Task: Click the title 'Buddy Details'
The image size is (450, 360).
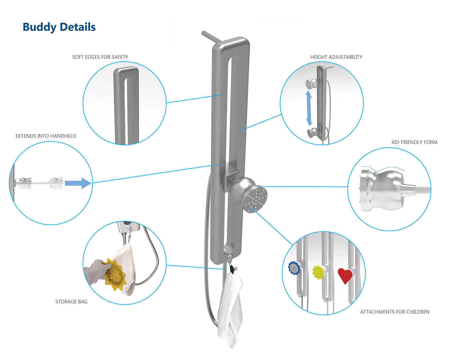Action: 59,27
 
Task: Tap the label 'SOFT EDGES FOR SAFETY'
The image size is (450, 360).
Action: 100,57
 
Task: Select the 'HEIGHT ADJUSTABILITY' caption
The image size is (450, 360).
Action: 336,57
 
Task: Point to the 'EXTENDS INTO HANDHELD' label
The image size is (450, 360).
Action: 46,136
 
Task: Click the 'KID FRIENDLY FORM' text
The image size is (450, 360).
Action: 414,142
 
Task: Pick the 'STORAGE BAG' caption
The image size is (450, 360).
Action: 71,302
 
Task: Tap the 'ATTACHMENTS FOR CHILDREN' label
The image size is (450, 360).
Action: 395,312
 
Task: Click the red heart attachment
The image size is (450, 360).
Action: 345,275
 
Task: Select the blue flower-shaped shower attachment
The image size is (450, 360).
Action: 294,268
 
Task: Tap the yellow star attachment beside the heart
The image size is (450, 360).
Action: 318,272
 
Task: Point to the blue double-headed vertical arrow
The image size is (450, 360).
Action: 309,108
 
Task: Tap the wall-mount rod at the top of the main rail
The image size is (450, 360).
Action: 211,37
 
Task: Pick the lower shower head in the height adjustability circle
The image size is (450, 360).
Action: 311,132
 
